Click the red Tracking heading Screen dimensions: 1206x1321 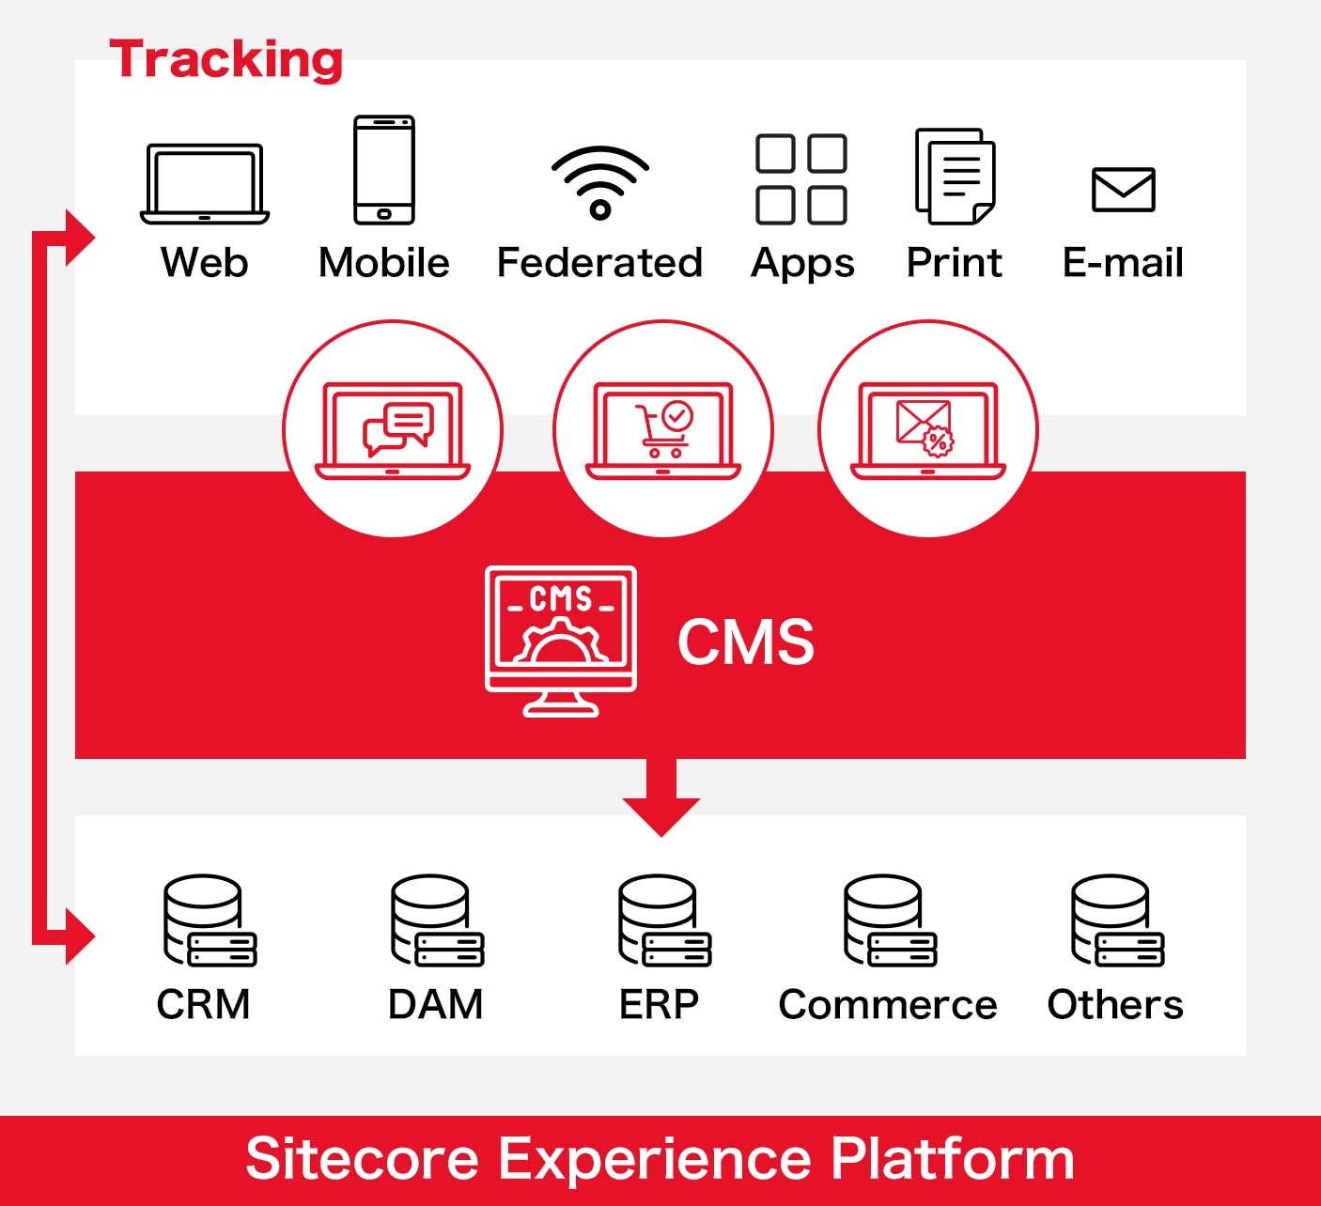pyautogui.click(x=225, y=60)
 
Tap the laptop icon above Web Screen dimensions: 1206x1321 pyautogui.click(x=205, y=183)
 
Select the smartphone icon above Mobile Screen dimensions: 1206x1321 pyautogui.click(x=383, y=170)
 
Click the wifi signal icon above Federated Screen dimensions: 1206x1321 pyautogui.click(x=600, y=182)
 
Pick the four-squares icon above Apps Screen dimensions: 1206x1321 pyautogui.click(x=801, y=179)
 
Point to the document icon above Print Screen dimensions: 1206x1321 pyautogui.click(x=955, y=177)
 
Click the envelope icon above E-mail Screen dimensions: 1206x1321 pyautogui.click(x=1123, y=190)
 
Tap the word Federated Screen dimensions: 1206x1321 pyautogui.click(x=599, y=263)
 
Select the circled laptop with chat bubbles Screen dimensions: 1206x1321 pyautogui.click(x=393, y=429)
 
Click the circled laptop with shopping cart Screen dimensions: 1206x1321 pyautogui.click(x=662, y=429)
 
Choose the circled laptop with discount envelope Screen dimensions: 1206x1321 pyautogui.click(x=928, y=429)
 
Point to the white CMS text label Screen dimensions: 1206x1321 pyautogui.click(x=746, y=642)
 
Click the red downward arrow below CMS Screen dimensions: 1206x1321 pyautogui.click(x=660, y=797)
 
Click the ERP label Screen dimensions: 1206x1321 pyautogui.click(x=659, y=1005)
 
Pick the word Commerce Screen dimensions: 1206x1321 pyautogui.click(x=888, y=1005)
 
